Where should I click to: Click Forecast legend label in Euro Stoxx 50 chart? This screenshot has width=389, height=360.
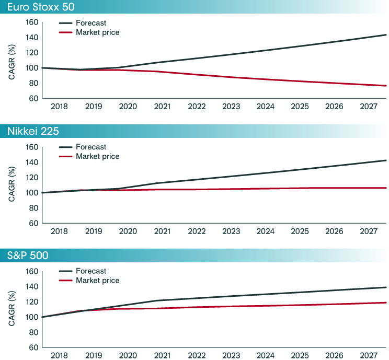tap(91, 23)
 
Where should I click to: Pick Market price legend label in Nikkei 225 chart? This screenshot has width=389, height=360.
tap(97, 156)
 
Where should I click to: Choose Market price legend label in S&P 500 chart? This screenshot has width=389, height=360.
tap(97, 281)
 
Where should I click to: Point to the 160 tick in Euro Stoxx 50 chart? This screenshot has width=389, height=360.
tap(32, 22)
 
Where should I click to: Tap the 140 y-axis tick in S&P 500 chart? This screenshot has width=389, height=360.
tap(32, 286)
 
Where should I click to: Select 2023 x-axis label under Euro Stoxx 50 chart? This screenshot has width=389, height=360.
tap(231, 107)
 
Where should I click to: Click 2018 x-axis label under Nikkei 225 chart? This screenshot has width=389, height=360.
tap(60, 231)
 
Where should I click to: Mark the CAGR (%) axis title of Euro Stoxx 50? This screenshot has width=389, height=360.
tap(12, 60)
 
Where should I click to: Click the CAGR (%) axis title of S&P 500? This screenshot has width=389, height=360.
tap(12, 309)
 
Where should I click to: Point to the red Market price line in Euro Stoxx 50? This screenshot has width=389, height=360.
tap(261, 79)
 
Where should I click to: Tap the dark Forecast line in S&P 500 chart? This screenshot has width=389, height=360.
tap(261, 295)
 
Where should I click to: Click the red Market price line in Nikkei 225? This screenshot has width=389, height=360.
tap(261, 189)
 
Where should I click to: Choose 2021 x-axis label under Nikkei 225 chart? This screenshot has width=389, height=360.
tap(163, 231)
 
